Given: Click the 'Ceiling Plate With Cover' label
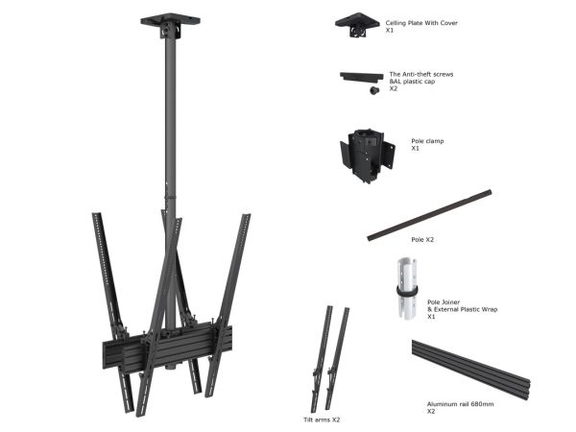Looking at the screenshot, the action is click(x=421, y=23).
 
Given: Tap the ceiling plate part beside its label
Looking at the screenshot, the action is click(x=357, y=25).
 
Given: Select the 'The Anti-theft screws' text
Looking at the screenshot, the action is click(x=421, y=74).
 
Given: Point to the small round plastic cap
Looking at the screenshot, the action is click(x=374, y=90).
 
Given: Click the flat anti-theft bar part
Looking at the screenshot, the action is click(x=362, y=77).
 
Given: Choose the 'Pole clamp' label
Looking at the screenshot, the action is click(x=427, y=141).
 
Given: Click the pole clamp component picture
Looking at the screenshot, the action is click(x=367, y=156).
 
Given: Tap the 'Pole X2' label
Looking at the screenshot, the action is click(x=422, y=239).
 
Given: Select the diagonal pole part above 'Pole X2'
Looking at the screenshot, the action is click(x=429, y=215).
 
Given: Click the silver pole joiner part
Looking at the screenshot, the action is click(x=407, y=288).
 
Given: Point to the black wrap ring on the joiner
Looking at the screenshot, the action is click(x=407, y=291).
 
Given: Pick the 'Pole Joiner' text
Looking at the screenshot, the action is click(x=444, y=302).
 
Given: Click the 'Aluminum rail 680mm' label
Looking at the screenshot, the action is click(x=460, y=404).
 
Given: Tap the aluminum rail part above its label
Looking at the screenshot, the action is click(x=470, y=370).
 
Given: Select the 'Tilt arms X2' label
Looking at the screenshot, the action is click(x=322, y=420).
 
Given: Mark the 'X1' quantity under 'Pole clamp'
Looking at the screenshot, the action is click(x=415, y=149).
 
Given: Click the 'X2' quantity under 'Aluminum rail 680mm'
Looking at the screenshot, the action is click(x=431, y=412).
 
